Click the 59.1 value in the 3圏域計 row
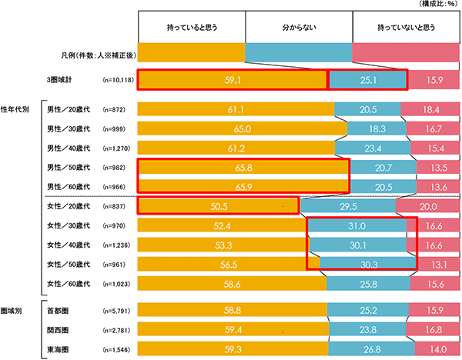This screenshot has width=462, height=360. tap(232, 78)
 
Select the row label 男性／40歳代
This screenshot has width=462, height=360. tap(68, 148)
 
